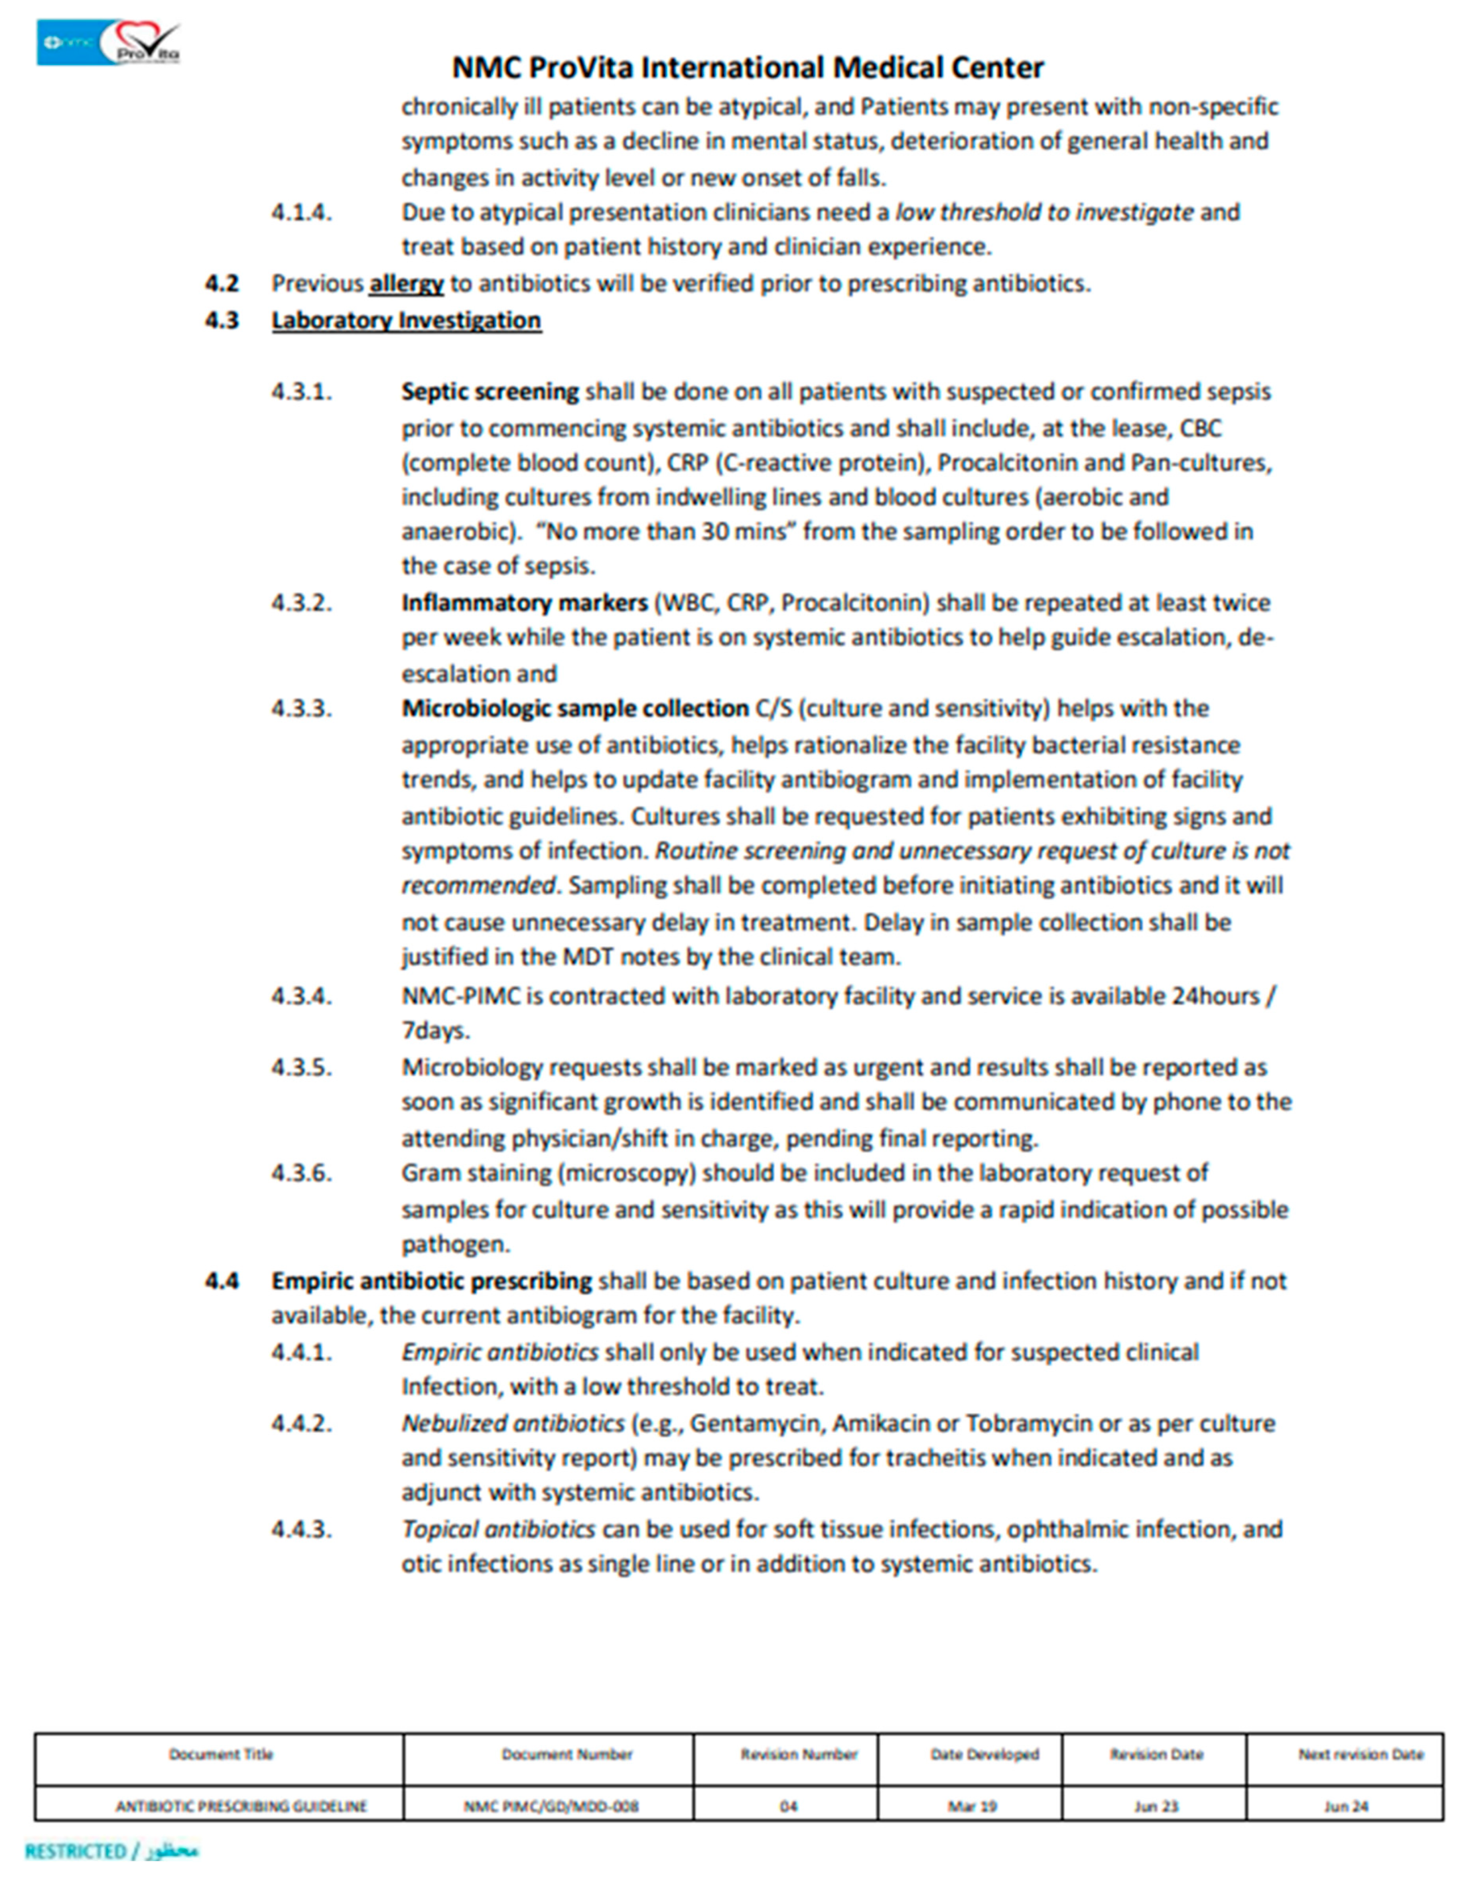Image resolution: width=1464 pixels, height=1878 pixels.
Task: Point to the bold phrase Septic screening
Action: (490, 392)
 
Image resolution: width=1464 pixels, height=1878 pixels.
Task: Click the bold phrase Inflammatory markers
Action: (523, 603)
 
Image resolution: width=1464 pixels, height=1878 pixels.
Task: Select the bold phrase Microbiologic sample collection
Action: (574, 708)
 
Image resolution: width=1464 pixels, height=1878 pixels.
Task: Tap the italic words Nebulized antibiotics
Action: (512, 1423)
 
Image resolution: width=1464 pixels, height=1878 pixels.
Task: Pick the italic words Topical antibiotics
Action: (498, 1529)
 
